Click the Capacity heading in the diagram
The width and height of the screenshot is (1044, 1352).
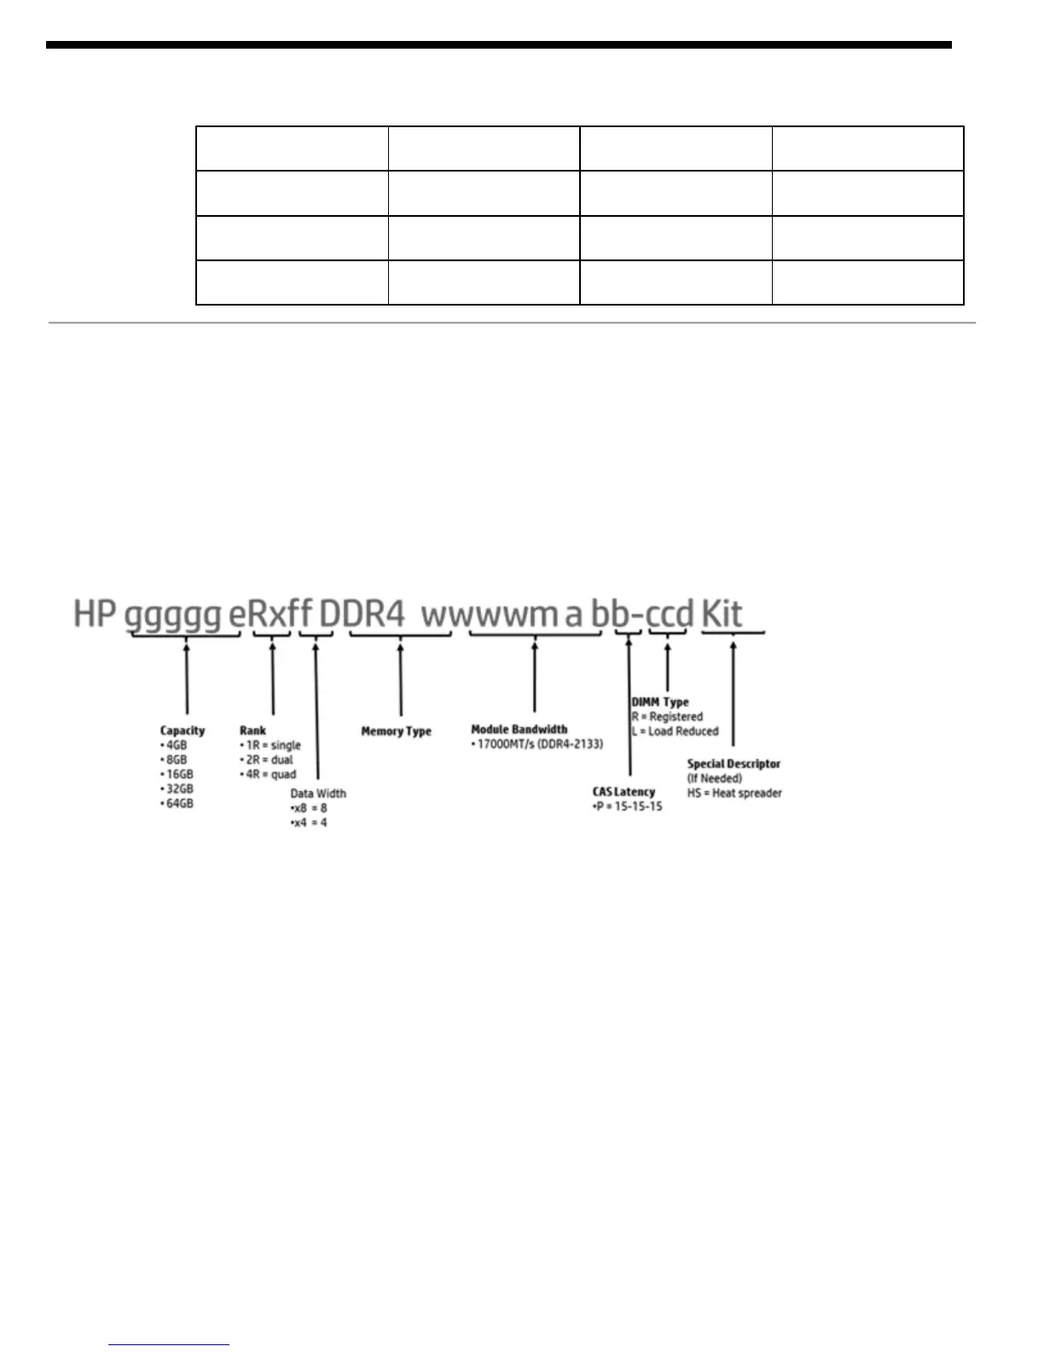point(183,731)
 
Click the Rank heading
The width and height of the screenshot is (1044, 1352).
point(252,731)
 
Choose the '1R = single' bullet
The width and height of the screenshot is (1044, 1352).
point(270,745)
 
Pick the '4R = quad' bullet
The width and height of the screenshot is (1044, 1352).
point(269,774)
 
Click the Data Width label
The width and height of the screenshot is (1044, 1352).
point(318,793)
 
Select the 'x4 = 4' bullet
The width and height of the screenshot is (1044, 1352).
point(310,823)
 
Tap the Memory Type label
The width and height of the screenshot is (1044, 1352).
point(396,731)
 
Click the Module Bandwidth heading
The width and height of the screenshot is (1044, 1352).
point(519,730)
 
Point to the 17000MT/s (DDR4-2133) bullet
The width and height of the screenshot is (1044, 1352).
point(537,744)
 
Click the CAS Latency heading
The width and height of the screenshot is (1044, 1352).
point(623,792)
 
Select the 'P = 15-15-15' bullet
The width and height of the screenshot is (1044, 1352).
point(628,807)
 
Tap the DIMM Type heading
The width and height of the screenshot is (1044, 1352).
point(660,702)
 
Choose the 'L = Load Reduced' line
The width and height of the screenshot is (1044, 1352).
point(676,731)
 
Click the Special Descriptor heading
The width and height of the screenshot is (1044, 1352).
point(734,764)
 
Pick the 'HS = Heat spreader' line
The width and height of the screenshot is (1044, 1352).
point(734,793)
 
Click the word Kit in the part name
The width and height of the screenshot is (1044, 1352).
point(722,614)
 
